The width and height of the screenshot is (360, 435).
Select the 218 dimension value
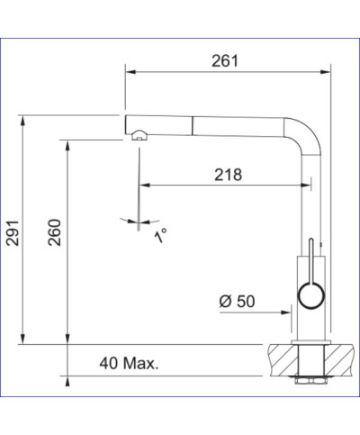[x=228, y=176]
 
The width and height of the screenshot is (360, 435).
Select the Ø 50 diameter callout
[x=236, y=301]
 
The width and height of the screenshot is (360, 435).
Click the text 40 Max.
[x=130, y=364]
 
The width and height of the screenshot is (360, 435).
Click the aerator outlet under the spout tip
[x=139, y=137]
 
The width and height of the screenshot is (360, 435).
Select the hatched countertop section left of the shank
[x=281, y=361]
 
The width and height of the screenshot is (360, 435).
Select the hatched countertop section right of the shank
[x=339, y=361]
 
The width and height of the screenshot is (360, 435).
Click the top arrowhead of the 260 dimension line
[x=67, y=142]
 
